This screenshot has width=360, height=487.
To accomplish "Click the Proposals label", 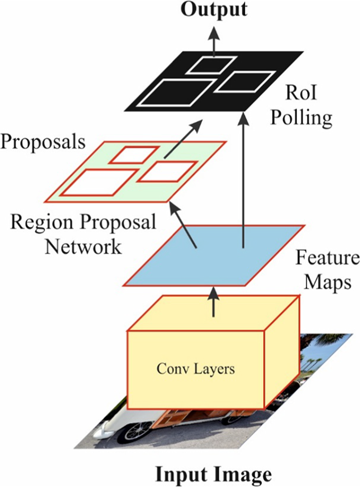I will pos(43,142).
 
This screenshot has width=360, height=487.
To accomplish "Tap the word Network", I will pos(84,247).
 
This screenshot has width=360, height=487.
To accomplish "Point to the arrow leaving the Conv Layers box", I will pos(213,302).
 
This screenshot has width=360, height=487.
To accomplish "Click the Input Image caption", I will pos(212,475).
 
